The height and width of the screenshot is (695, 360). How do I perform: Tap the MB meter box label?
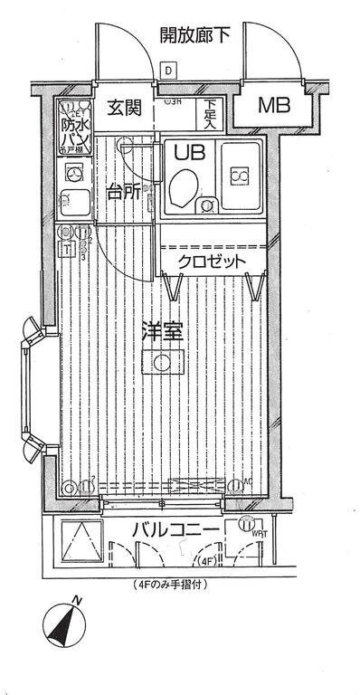point(275,106)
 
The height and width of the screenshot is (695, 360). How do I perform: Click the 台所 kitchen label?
point(124,191)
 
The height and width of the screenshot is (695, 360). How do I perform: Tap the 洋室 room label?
point(163,331)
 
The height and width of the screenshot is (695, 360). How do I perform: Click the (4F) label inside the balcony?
point(208,560)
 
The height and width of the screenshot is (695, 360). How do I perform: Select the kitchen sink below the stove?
point(71,203)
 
